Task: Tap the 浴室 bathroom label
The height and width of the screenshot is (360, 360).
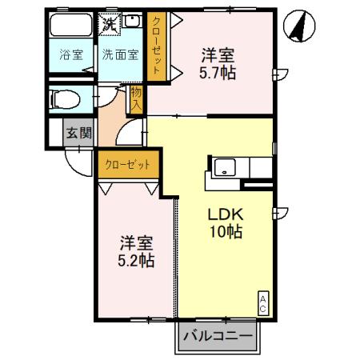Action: [71, 55]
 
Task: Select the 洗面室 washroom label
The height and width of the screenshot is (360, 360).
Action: [118, 55]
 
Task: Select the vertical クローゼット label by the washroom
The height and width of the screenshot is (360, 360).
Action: [156, 46]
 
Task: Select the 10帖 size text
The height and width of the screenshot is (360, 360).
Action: [226, 233]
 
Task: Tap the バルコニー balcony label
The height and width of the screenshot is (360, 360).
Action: [217, 337]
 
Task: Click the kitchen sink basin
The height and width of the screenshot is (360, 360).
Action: [223, 168]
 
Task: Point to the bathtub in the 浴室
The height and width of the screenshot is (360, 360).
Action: [72, 26]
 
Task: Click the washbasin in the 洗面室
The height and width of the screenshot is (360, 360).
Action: [133, 23]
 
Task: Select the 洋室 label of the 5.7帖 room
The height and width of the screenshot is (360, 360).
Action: [218, 56]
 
